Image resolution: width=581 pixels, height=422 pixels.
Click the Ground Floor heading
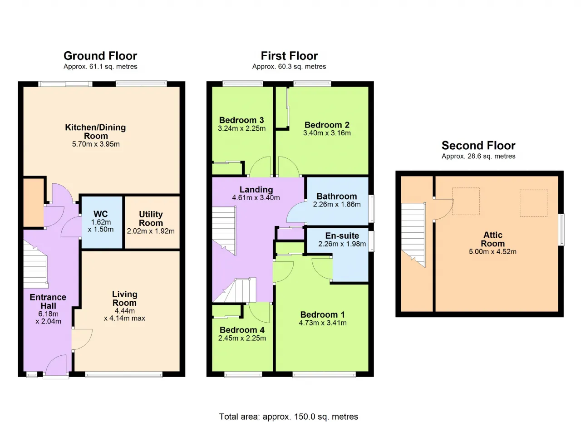pos(100,56)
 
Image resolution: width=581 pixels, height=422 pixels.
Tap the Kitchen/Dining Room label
pos(95,132)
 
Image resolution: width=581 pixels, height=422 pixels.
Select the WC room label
pos(101,214)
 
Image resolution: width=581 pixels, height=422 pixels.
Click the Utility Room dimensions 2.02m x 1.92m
pos(151,231)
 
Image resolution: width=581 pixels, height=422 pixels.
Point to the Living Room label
pos(125,299)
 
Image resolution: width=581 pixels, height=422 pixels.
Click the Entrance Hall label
pos(48,301)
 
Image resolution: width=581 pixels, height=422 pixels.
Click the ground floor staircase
pos(35,265)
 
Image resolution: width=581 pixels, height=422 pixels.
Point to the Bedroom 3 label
pos(241,120)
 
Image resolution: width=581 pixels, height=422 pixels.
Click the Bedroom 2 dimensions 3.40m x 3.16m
pos(327,133)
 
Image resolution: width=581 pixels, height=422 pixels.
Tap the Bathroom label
pos(337,196)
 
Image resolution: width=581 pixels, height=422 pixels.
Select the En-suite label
pos(342,236)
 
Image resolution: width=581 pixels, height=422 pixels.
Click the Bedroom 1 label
pos(323,314)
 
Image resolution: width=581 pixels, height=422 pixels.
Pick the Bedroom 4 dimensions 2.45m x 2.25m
pos(242,338)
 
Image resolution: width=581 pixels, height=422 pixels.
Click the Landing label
pos(256,190)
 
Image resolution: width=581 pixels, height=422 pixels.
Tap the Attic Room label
pos(493,239)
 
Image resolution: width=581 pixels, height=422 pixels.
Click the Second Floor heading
pos(478,145)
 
